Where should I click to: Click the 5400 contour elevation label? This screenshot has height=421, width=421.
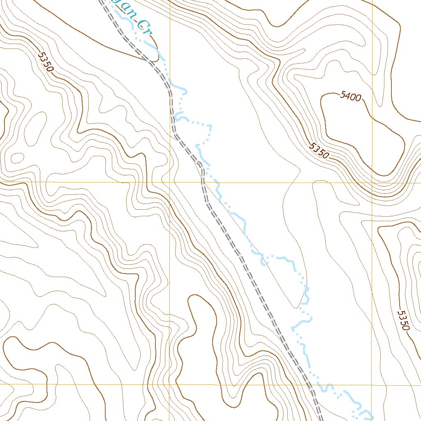pos(350,97)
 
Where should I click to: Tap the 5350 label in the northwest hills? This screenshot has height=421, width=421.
pos(46,62)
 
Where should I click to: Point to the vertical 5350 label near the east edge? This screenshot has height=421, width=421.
pos(403,320)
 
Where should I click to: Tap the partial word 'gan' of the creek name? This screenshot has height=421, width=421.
pos(127,12)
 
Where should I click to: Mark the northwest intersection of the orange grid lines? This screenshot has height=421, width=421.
pos(170,182)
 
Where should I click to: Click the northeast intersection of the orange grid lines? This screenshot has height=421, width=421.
pos(372,182)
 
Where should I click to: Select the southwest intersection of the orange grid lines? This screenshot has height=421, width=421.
pos(170,385)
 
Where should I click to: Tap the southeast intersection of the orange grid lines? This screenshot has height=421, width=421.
pos(372,385)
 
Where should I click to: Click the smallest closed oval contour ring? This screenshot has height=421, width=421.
pos(18,157)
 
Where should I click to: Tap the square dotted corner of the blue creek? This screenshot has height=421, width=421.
pos(210,125)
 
